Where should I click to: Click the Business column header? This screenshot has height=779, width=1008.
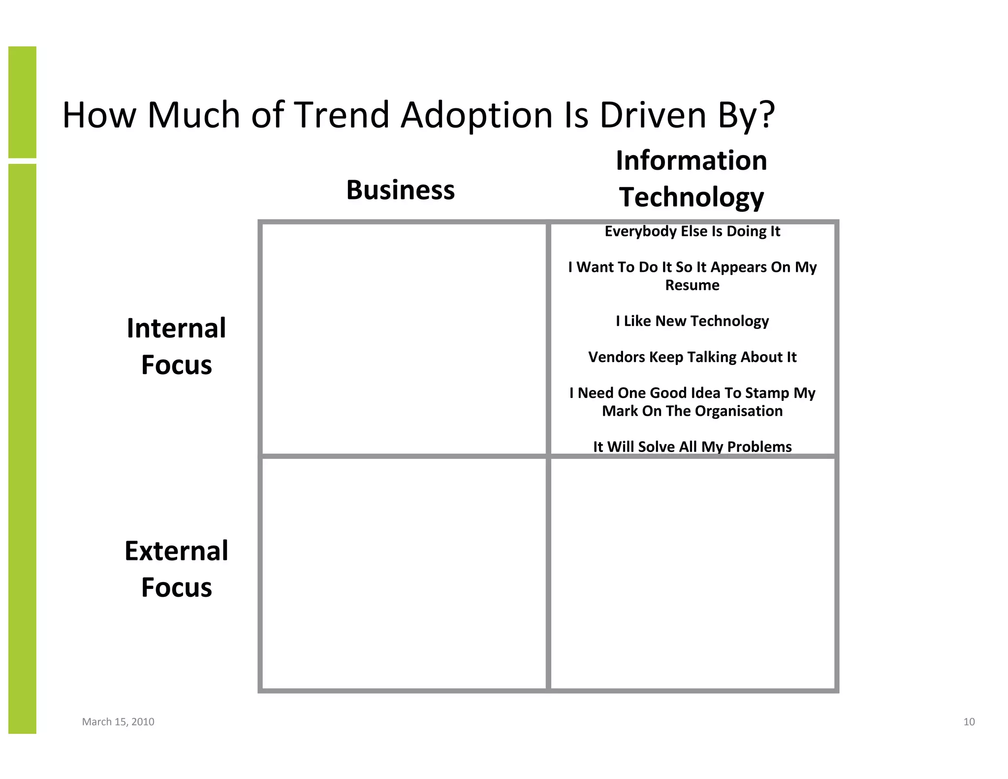point(400,190)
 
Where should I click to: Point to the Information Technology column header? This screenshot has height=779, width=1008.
point(692,178)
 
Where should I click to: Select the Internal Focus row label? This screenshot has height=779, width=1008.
point(176,346)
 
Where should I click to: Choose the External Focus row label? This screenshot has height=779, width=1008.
point(176,569)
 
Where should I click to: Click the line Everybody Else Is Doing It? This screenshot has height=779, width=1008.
point(692,231)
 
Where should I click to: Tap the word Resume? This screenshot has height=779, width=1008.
point(692,285)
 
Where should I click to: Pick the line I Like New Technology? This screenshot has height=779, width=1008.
point(692,321)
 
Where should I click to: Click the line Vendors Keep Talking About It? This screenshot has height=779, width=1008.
point(692,357)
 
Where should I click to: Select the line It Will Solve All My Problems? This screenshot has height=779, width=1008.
point(692,447)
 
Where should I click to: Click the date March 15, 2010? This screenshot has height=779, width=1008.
point(118,722)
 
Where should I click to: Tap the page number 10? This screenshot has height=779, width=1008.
point(969,722)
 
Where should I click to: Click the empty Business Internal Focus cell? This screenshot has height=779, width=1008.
point(404,339)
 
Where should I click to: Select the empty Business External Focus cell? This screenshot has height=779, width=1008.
point(404,574)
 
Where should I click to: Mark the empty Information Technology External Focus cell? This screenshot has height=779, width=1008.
point(693,574)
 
